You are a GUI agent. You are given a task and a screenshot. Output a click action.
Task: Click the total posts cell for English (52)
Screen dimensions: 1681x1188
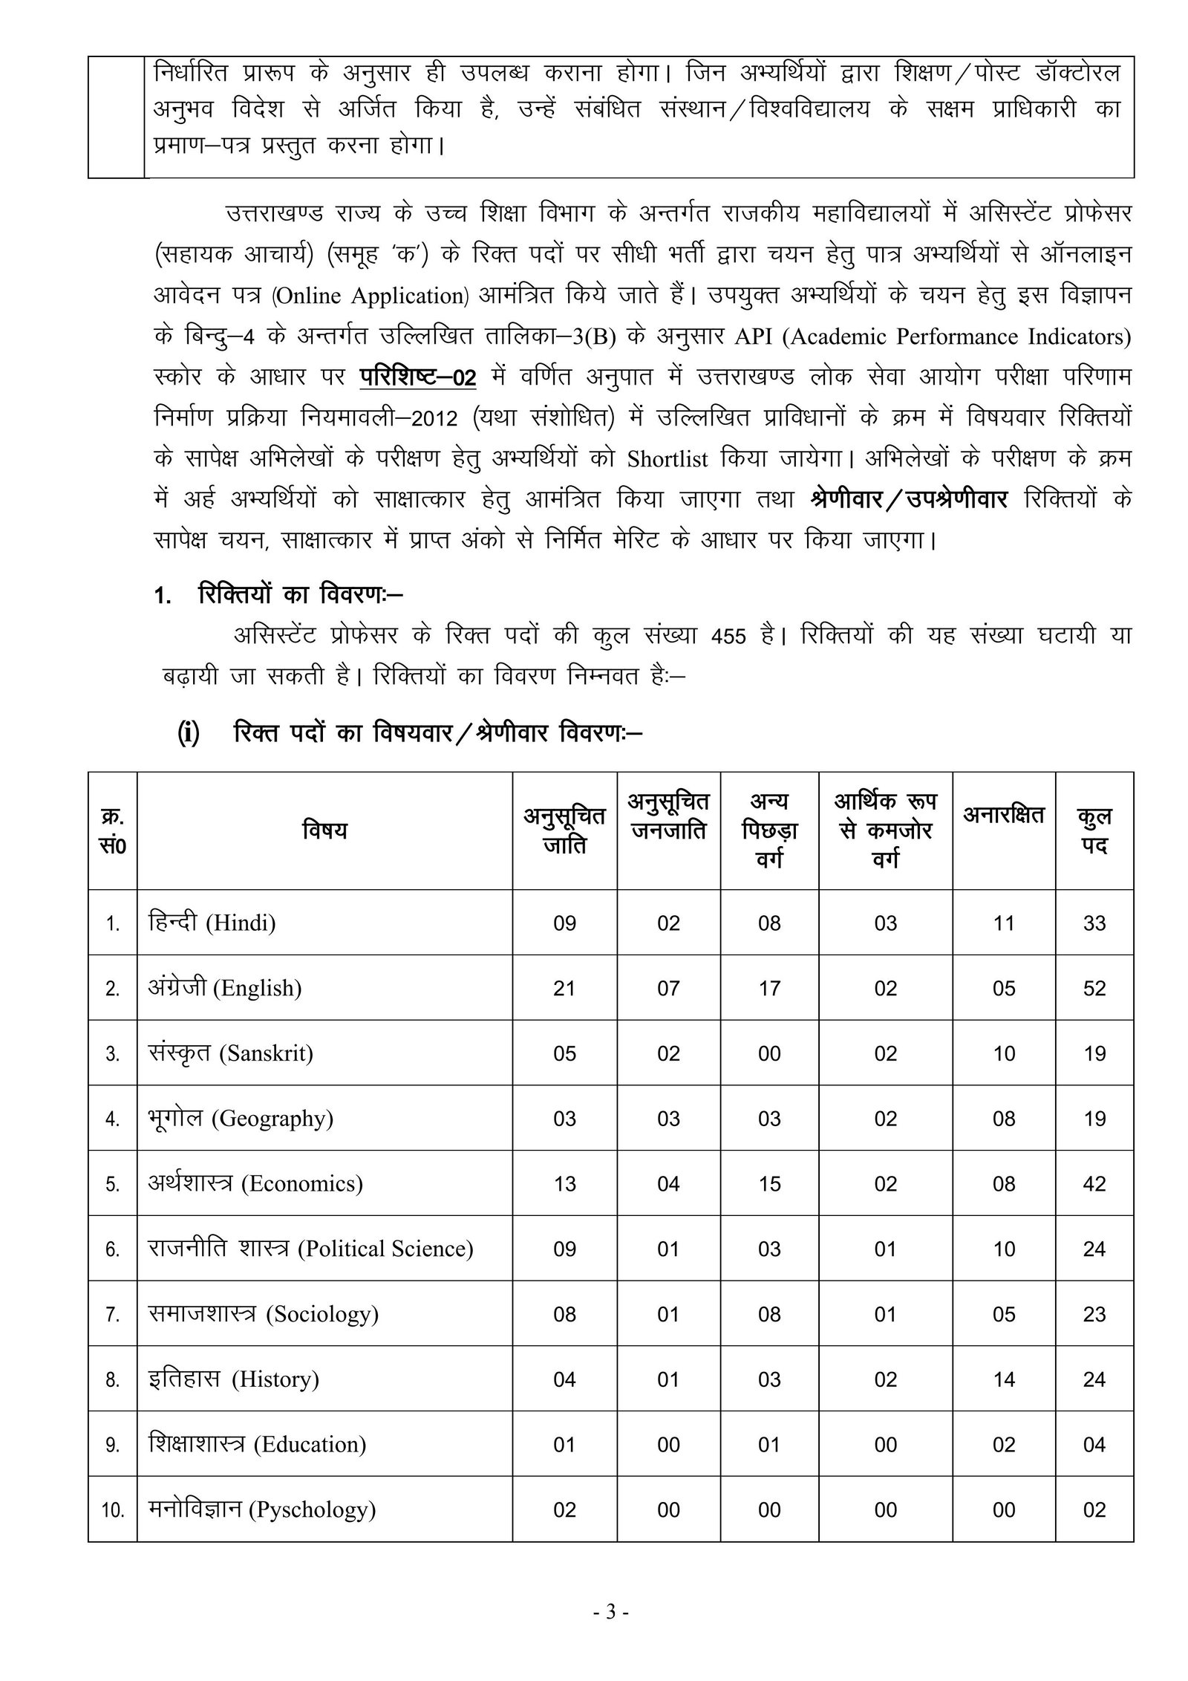click(1094, 989)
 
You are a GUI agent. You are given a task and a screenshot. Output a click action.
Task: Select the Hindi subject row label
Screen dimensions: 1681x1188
click(212, 923)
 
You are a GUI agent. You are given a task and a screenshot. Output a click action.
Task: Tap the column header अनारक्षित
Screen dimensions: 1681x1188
click(1004, 815)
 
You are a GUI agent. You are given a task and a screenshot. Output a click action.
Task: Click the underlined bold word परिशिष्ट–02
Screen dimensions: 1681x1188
click(418, 377)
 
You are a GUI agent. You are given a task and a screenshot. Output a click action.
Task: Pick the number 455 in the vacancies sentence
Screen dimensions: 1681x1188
click(728, 637)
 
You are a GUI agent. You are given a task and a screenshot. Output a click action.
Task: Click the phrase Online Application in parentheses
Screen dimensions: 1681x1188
click(370, 296)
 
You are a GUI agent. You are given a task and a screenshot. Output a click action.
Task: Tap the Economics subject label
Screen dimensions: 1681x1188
click(255, 1183)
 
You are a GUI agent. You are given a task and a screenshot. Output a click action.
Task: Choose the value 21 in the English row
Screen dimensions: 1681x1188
click(564, 989)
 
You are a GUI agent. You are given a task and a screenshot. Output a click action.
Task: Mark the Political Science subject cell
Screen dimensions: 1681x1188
click(310, 1249)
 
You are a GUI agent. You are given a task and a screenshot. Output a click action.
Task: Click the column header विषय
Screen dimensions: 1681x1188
click(324, 830)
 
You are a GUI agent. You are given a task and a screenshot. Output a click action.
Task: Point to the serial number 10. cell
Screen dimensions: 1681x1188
click(113, 1510)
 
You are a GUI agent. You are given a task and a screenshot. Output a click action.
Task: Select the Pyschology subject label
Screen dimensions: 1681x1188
click(262, 1509)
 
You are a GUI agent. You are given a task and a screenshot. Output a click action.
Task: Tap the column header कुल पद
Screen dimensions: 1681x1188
click(1094, 830)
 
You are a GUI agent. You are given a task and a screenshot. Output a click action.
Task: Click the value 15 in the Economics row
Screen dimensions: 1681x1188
click(769, 1184)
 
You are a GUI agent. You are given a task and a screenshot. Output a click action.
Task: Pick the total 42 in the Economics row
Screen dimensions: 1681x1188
click(1094, 1184)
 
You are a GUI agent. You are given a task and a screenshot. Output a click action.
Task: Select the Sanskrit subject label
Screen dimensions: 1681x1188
click(231, 1053)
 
